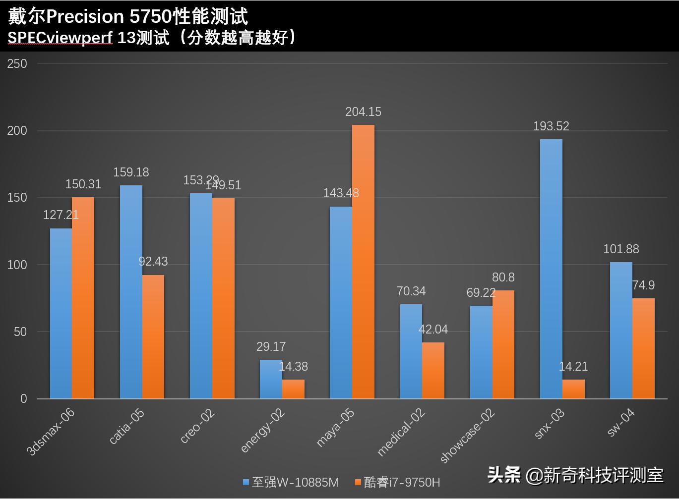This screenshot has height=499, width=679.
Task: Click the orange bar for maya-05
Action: [x=364, y=262]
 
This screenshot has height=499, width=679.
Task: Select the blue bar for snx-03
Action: [x=551, y=269]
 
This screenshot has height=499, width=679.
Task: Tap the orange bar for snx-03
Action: [x=573, y=389]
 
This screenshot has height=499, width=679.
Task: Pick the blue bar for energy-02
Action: [x=271, y=379]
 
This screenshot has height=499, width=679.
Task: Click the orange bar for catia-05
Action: [x=153, y=337]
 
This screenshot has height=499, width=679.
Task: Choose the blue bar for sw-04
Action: [x=621, y=331]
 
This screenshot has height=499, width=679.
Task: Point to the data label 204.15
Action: [x=364, y=112]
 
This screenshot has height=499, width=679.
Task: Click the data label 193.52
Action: [x=551, y=126]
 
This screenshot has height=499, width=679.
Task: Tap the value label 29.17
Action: [x=271, y=346]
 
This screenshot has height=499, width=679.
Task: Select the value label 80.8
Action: [x=503, y=277]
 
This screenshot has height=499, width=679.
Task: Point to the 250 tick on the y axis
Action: [x=17, y=63]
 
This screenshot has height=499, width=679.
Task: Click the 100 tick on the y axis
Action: [x=17, y=265]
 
